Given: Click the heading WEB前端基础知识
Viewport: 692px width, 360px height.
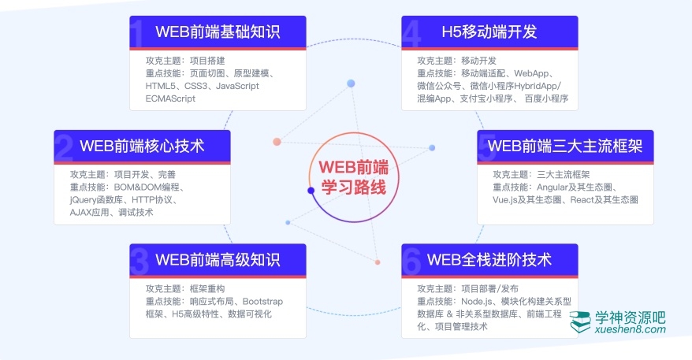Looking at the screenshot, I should coord(218,32).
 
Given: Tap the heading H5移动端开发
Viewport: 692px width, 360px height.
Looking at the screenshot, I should coord(489,32).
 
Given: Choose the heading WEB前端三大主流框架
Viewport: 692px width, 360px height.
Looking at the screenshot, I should coord(565,146).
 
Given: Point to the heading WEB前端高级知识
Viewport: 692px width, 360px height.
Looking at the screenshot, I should coord(218,259).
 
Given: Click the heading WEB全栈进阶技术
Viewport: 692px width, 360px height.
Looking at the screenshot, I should coord(489,259).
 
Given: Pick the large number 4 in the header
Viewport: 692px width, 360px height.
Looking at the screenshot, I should coord(411,34).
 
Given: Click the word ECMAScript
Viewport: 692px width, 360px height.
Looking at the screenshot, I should coord(170,99).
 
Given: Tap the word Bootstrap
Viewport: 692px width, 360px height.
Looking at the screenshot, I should coord(262,302).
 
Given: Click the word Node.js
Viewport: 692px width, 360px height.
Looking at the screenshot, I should coord(475,302).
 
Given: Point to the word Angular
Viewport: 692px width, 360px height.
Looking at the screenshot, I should coord(555,187).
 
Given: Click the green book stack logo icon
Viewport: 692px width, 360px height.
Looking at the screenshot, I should coord(582,321).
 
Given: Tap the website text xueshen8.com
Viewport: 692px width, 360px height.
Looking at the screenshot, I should coord(631,330).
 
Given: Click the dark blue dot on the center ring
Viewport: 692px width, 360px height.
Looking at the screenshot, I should coord(311,190).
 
